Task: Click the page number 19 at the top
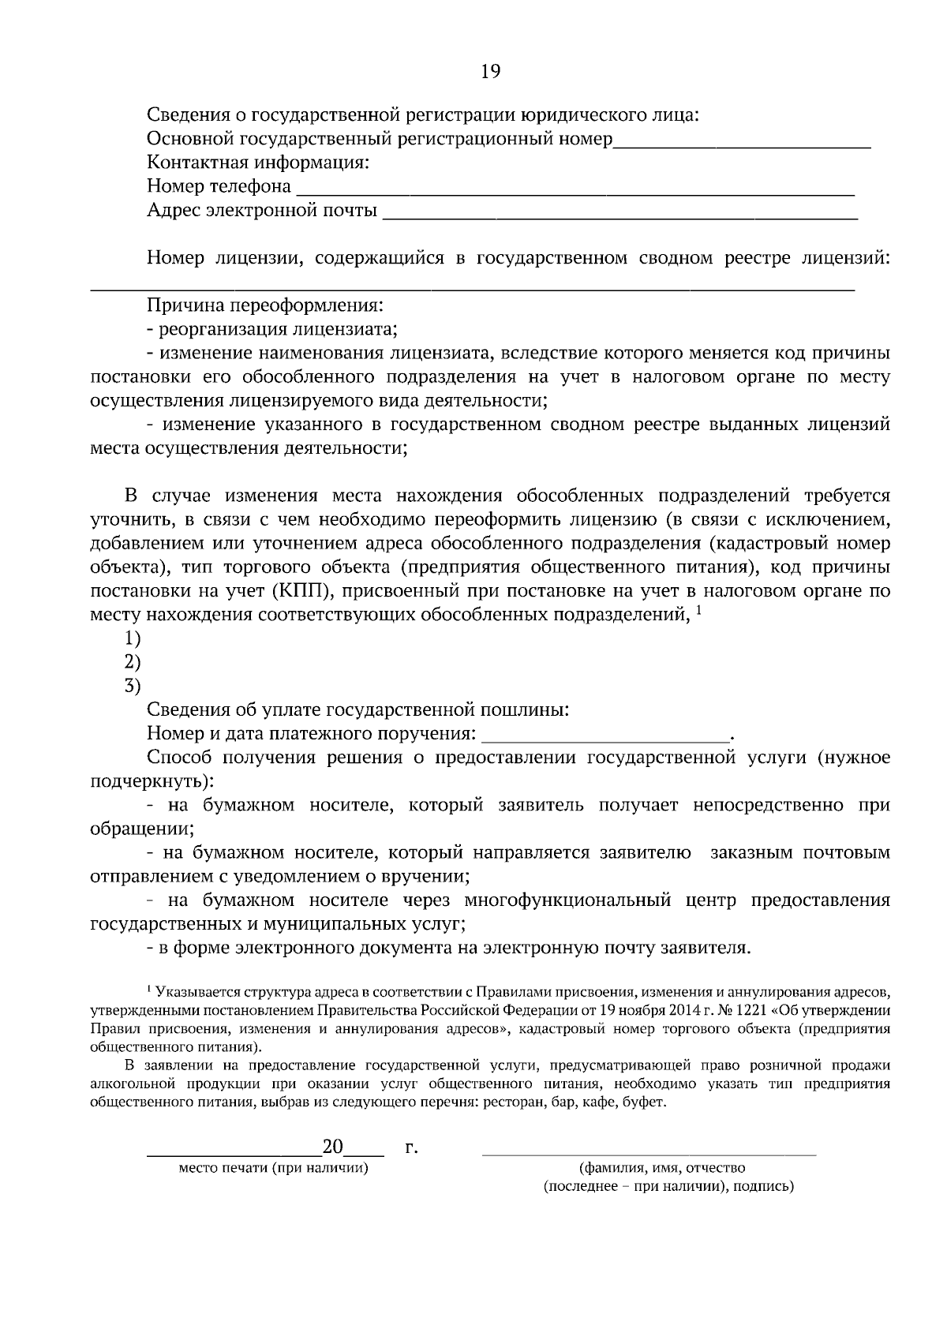coord(490,71)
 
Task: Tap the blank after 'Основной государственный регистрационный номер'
coord(742,143)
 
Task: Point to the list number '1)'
coord(132,638)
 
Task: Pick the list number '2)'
coord(132,662)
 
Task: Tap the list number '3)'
coord(132,686)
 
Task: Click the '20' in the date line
coord(332,1147)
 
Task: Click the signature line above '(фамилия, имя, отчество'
coord(649,1154)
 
